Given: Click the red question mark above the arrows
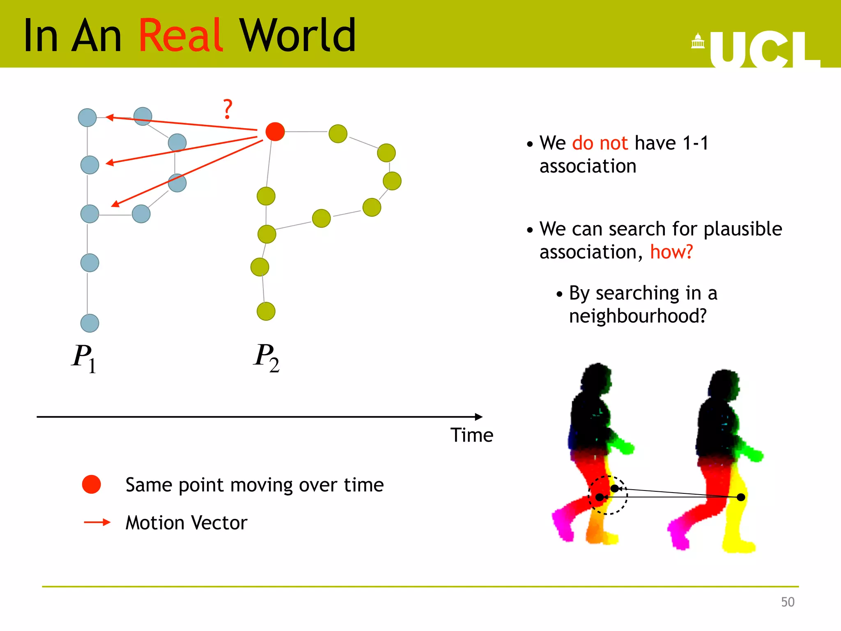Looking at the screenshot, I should (227, 109).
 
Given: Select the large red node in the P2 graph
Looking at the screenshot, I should (275, 131).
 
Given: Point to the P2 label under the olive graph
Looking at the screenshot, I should (266, 357).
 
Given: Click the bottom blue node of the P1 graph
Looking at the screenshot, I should (90, 323).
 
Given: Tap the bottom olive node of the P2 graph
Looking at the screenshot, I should (266, 311).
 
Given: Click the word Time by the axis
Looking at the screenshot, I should (471, 435).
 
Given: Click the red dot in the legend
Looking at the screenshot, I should (91, 484).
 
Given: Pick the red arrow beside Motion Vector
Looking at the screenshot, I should (97, 523).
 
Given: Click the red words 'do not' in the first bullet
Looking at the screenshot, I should (600, 143).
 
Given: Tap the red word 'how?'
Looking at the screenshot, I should (671, 252).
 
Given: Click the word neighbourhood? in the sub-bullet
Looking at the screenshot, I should (637, 316).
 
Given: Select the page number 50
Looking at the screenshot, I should (787, 602).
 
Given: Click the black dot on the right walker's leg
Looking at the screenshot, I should (741, 497).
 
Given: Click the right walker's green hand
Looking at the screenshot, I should (756, 455).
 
